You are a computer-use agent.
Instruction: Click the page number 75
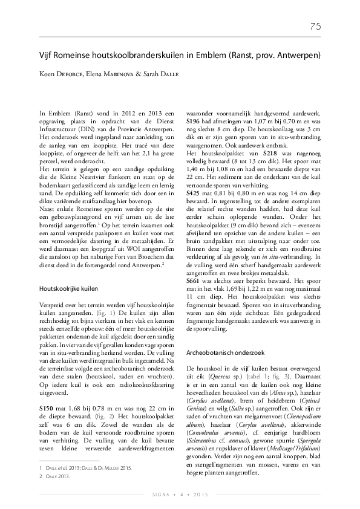tap(315, 26)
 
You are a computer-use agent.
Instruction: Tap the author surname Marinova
tap(114, 74)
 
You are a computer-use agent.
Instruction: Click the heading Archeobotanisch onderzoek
tap(224, 351)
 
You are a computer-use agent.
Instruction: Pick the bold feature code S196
tap(194, 121)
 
